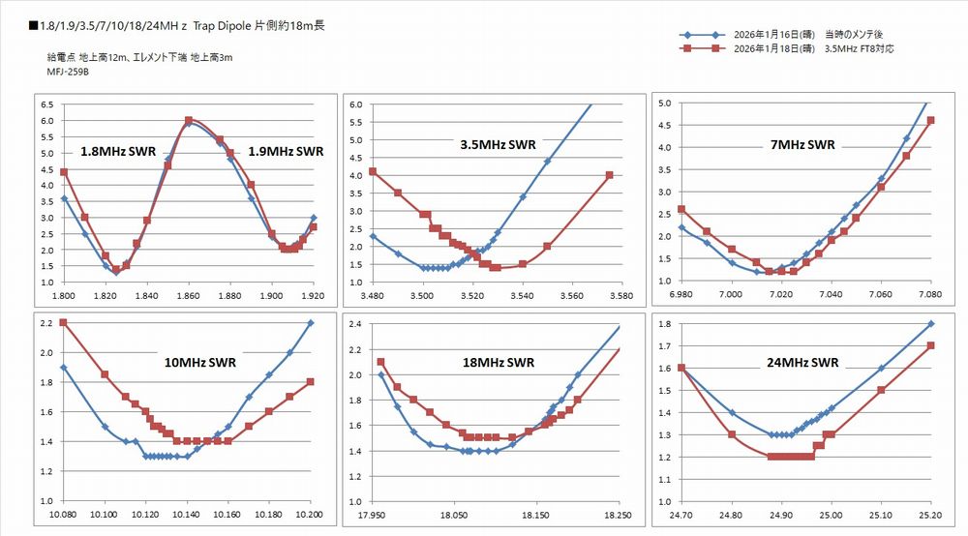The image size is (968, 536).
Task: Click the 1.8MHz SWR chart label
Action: tap(118, 152)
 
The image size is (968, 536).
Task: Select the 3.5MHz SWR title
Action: tap(498, 144)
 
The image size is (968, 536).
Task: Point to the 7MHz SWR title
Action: tap(802, 144)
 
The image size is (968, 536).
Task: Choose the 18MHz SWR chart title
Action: tap(499, 363)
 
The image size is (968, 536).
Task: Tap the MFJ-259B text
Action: tap(65, 72)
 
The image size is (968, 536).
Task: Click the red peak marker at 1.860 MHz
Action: tap(189, 120)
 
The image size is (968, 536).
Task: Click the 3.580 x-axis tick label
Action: tap(621, 295)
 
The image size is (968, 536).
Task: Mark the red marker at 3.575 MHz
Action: tap(610, 175)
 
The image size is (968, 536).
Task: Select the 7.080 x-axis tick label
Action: tap(930, 294)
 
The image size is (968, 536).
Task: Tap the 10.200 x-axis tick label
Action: tap(311, 515)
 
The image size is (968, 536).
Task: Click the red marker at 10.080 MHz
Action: tap(63, 322)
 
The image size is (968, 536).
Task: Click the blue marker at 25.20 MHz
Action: tap(930, 323)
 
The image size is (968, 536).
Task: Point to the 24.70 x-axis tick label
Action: tap(682, 515)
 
